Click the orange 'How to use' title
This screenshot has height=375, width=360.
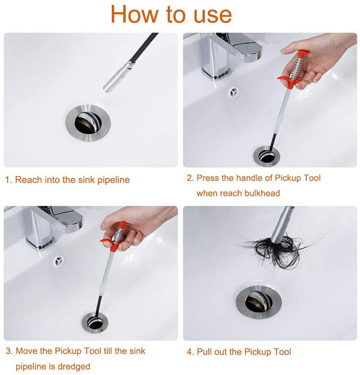[x=171, y=14]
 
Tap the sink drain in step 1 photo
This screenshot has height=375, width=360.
[x=88, y=123]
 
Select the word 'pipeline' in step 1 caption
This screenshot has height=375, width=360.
[x=113, y=180]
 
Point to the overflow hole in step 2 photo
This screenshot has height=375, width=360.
[x=234, y=92]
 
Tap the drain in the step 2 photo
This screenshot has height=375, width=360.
[x=267, y=156]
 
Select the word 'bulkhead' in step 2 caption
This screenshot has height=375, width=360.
[x=262, y=193]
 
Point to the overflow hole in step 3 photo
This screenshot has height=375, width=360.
[x=58, y=261]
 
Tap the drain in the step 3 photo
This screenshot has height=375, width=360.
[x=95, y=322]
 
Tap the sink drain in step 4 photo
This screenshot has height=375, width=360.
[x=258, y=302]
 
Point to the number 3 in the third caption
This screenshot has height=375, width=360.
[x=9, y=351]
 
